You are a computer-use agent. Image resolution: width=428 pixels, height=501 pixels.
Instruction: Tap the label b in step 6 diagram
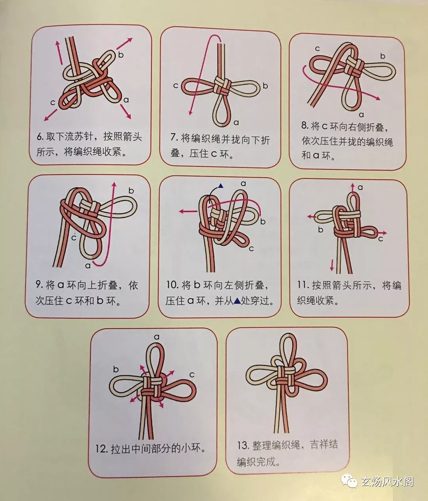click(x=121, y=55)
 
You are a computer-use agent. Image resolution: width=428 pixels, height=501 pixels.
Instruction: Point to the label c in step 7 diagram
click(x=176, y=86)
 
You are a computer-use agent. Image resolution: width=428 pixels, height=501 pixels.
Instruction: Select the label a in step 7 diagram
click(x=236, y=123)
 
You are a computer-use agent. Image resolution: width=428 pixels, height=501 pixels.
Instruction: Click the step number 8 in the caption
click(x=305, y=126)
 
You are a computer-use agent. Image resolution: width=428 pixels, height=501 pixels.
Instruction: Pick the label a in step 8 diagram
click(x=361, y=115)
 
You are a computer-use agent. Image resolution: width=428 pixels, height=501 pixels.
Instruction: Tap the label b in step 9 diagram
click(x=131, y=191)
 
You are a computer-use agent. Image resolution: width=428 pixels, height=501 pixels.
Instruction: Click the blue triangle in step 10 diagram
click(x=221, y=186)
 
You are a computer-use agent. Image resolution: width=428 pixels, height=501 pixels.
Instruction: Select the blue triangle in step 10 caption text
click(x=237, y=301)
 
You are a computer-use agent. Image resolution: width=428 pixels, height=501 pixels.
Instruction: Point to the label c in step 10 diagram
click(x=251, y=249)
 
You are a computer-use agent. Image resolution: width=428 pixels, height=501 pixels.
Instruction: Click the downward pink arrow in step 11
click(x=332, y=265)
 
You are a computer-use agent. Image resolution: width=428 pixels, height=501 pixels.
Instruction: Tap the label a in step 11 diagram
click(x=360, y=187)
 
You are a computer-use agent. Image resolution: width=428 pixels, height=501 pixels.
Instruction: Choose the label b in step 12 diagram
click(x=116, y=369)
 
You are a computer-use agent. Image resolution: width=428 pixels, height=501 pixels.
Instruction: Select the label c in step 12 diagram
click(x=192, y=375)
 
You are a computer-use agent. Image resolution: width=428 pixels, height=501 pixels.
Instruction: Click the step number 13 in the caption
click(x=243, y=446)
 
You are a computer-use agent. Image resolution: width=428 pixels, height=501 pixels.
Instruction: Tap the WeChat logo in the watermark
click(x=349, y=481)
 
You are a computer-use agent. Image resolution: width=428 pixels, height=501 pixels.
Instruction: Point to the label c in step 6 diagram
click(x=53, y=103)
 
